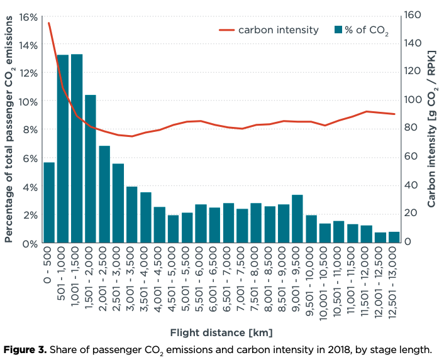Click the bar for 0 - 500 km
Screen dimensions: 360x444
coord(49,202)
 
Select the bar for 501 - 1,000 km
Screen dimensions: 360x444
coord(63,149)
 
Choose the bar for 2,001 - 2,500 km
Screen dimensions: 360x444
coord(104,194)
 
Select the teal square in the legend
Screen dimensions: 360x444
coord(338,30)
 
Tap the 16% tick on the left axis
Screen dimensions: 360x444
coord(30,17)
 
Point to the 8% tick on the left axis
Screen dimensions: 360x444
coord(31,130)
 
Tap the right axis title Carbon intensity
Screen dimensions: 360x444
coord(432,128)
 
